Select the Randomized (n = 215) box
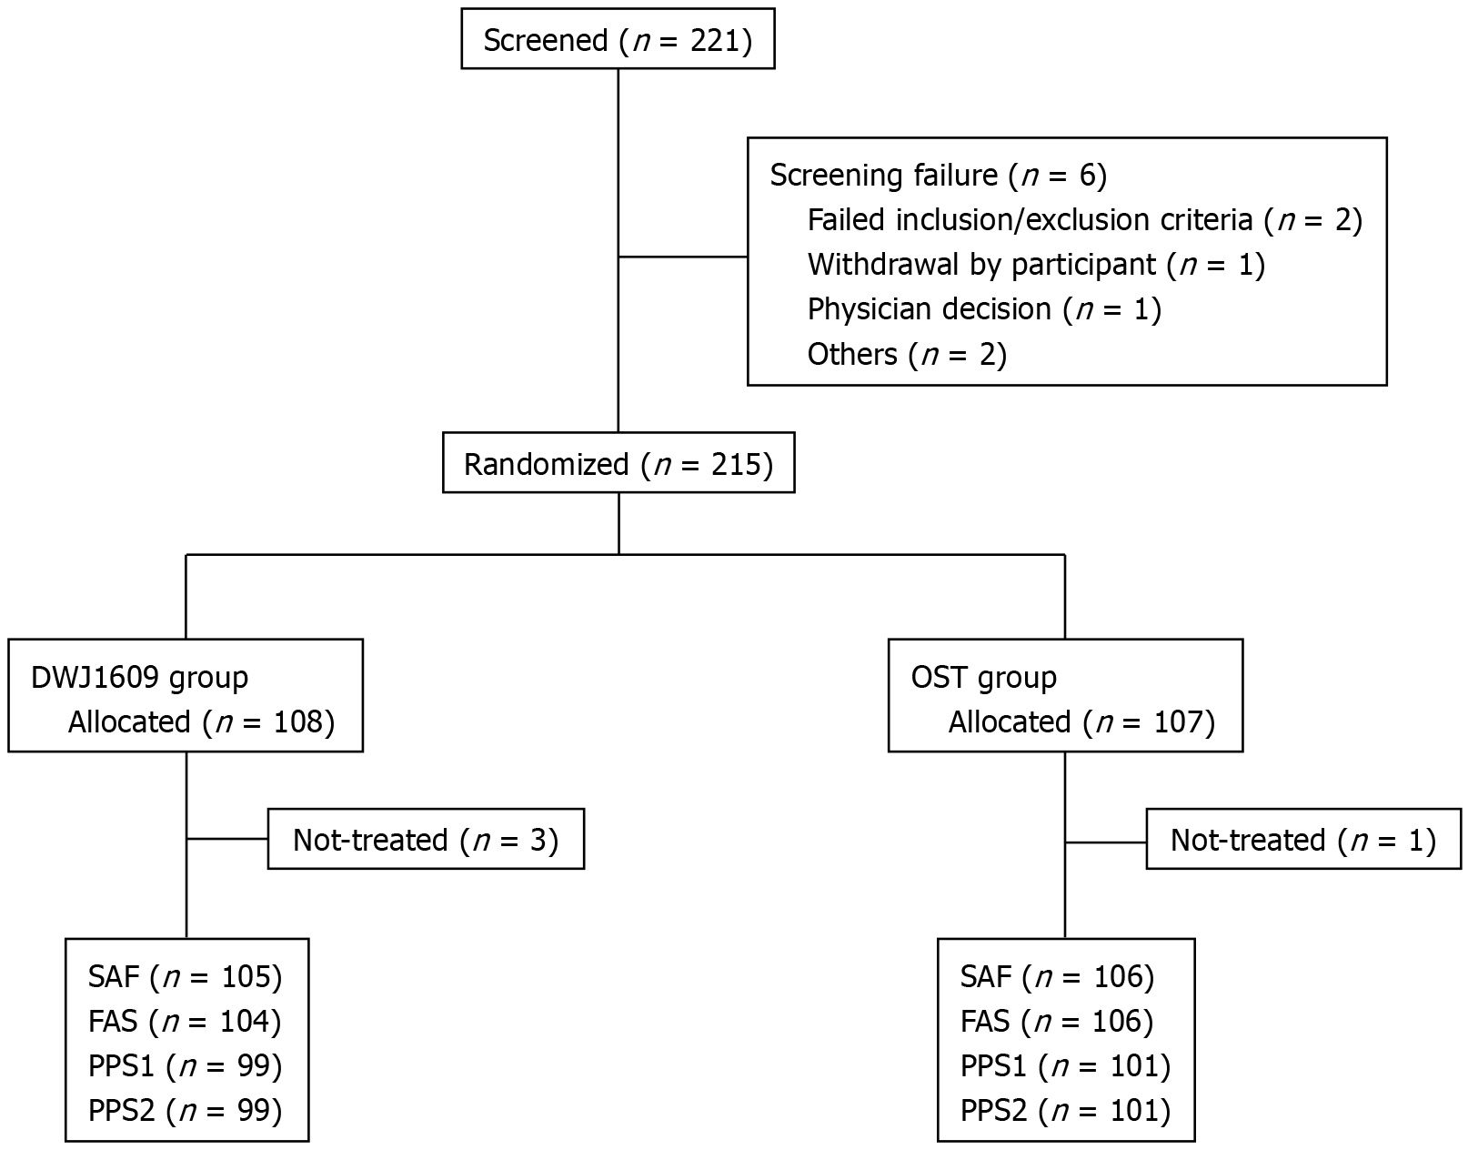[618, 464]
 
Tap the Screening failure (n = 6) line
[938, 175]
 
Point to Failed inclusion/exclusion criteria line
[1084, 219]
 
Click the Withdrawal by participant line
[1036, 264]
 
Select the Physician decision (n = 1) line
[984, 308]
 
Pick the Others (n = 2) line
[907, 354]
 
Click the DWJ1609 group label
[139, 677]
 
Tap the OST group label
[983, 677]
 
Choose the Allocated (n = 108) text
[201, 721]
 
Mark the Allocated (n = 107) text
[1081, 721]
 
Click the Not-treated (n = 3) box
[425, 839]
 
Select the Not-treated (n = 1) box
[1302, 839]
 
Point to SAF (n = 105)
[185, 976]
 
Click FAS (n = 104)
[185, 1021]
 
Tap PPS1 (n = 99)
[185, 1065]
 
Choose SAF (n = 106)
[1057, 976]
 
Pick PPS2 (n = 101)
[1065, 1110]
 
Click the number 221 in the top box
[715, 41]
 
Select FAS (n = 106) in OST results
[1057, 1021]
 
